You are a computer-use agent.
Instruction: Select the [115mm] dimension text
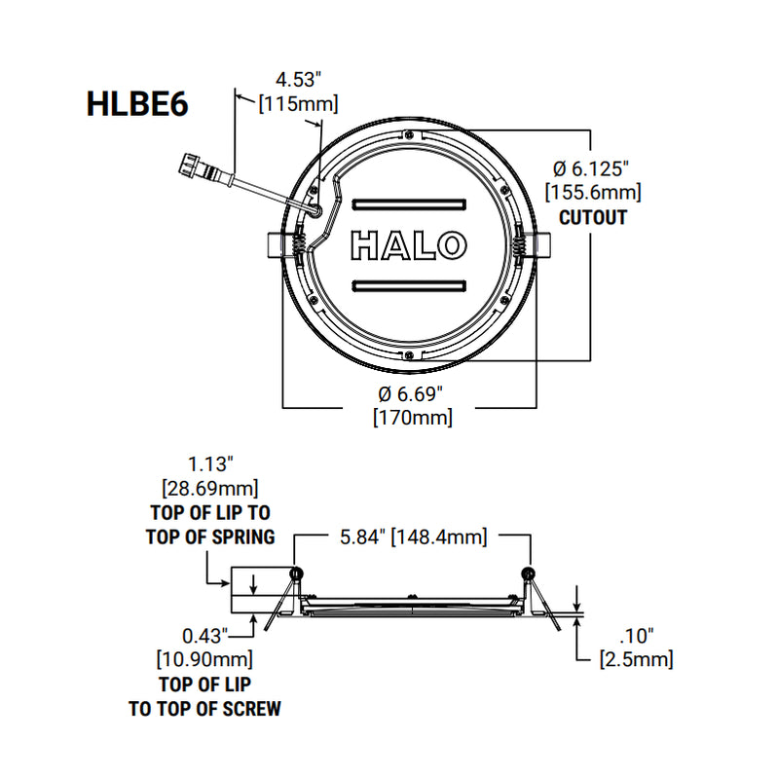[x=298, y=103]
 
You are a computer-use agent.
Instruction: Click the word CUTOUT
[x=593, y=216]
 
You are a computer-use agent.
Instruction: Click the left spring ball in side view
[x=296, y=573]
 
